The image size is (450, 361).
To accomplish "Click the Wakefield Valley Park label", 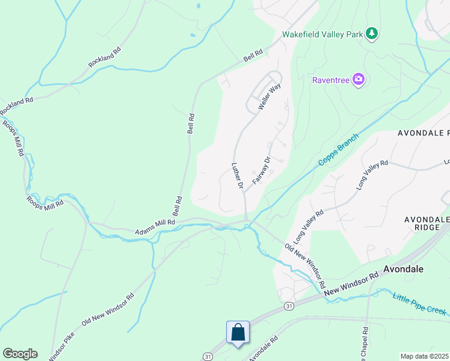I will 324,34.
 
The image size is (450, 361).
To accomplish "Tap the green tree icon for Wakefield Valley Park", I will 372,34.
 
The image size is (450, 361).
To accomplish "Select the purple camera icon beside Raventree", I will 359,79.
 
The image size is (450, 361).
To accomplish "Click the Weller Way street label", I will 270,96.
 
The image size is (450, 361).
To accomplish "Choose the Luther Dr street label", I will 236,176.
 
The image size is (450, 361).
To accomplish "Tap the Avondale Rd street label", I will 263,348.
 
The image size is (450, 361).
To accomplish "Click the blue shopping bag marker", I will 238,332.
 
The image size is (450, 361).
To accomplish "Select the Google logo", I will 19,354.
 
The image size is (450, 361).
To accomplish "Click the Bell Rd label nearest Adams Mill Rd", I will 177,206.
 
